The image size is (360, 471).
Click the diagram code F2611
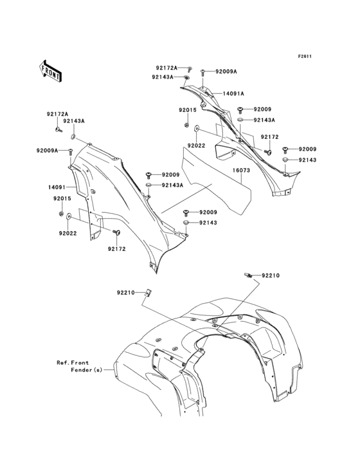click(x=305, y=56)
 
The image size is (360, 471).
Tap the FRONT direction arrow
click(x=50, y=71)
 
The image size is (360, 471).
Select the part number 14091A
click(x=233, y=94)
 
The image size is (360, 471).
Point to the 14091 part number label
click(x=57, y=187)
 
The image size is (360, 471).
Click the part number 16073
click(x=241, y=171)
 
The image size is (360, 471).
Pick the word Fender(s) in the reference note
click(x=86, y=370)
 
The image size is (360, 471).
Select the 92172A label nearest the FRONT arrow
click(x=57, y=114)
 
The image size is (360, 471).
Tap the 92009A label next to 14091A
click(x=226, y=71)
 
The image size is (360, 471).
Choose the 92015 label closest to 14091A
click(x=188, y=110)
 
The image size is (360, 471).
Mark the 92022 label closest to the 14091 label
click(x=67, y=233)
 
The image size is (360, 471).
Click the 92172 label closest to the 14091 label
click(x=117, y=249)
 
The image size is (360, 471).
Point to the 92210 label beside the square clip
click(x=126, y=293)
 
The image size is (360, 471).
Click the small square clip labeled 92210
click(x=148, y=293)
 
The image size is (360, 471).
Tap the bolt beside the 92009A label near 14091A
click(x=203, y=72)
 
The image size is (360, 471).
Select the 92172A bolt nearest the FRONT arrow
click(x=59, y=130)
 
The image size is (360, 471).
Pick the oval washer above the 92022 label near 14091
click(x=68, y=216)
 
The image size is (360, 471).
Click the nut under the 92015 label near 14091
click(x=61, y=214)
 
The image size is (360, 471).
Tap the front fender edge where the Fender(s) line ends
click(x=114, y=370)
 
